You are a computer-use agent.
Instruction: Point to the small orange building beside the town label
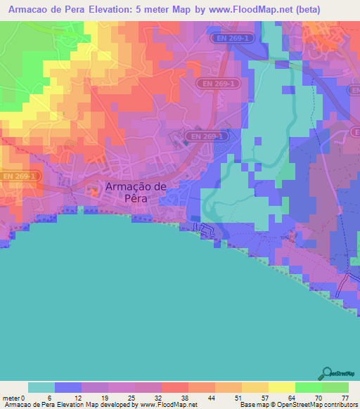(x=94, y=190)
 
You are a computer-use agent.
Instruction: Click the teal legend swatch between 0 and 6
(x=41, y=387)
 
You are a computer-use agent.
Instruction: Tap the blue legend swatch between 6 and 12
(x=68, y=387)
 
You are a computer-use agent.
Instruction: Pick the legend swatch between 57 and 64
(x=282, y=387)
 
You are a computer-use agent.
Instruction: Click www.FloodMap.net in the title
(x=236, y=10)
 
